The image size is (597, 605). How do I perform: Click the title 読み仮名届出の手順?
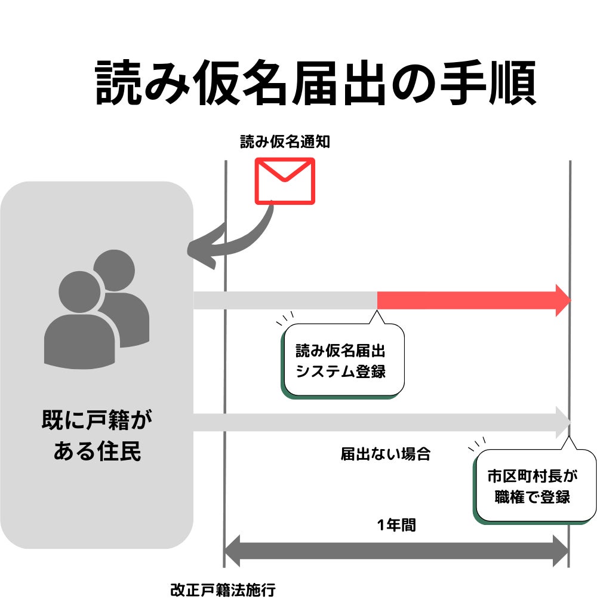(316, 83)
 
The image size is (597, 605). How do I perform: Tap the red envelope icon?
(285, 180)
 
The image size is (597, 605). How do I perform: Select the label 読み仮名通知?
(285, 142)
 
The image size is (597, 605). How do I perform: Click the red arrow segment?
(466, 300)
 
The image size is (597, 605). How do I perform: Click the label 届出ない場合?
(385, 453)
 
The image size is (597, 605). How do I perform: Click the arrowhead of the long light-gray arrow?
(563, 421)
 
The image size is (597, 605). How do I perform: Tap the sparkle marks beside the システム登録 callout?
(285, 318)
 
